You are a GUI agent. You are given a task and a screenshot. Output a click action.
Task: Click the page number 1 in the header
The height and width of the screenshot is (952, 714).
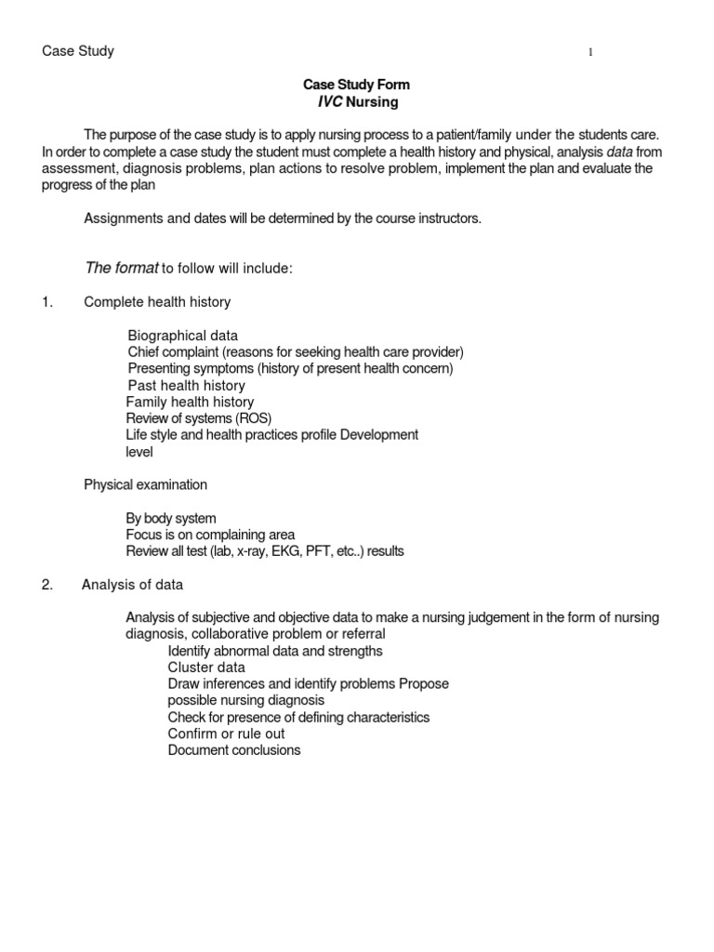point(590,53)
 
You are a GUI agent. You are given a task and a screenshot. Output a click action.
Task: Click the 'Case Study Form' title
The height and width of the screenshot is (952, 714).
point(357,85)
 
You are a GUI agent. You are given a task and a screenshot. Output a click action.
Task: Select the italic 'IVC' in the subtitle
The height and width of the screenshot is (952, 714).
point(330,101)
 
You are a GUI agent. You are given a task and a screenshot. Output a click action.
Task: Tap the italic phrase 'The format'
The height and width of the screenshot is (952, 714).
point(121,269)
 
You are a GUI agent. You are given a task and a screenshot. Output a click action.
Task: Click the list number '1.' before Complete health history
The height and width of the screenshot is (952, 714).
point(48,302)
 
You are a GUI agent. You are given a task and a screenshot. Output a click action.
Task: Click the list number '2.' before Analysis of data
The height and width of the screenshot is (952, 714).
point(48,585)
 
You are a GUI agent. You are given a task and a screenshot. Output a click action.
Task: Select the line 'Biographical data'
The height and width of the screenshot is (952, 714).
point(182,336)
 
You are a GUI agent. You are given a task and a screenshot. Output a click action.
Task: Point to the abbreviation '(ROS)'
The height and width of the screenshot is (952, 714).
point(253,418)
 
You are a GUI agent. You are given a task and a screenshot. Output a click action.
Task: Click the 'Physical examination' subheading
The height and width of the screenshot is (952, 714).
point(146,485)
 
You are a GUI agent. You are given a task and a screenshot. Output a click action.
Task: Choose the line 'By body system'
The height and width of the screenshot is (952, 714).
point(171,519)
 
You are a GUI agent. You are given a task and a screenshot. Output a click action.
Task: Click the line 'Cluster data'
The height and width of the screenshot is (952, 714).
point(206,668)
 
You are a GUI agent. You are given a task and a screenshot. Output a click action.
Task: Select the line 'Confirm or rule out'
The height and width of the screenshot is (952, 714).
point(226,734)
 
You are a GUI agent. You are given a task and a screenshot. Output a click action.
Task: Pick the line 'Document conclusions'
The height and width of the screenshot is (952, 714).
point(234,750)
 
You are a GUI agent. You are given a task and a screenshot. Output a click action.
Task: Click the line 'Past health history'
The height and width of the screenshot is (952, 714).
point(186,386)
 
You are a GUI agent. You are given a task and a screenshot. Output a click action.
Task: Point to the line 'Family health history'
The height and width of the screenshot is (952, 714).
point(190,403)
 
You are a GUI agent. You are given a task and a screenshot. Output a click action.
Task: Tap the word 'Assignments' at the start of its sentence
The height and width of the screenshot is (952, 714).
point(120,218)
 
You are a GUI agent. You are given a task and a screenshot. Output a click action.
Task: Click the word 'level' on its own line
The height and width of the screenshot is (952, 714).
point(139,452)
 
